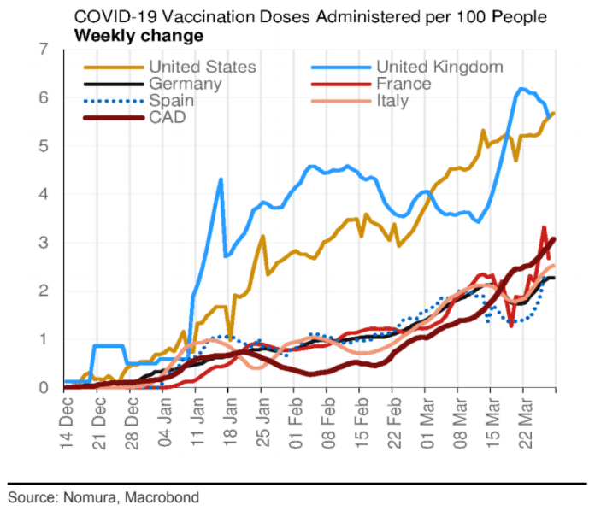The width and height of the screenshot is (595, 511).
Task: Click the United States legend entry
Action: pos(203,67)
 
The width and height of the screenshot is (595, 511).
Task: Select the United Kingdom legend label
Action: pos(439,67)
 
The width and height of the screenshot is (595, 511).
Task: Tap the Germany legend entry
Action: pos(185,84)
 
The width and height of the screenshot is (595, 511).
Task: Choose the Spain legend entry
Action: pos(171,101)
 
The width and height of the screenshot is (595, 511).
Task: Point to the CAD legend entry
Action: pos(167,117)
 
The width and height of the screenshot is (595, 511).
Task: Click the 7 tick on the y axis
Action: pos(43,50)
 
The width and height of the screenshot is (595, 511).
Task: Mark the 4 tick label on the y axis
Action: pos(43,195)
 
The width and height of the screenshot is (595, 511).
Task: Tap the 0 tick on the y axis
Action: pos(43,388)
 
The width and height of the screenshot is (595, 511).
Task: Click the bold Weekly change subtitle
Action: pos(138,36)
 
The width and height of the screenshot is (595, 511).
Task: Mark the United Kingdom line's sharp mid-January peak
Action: pos(221,179)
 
